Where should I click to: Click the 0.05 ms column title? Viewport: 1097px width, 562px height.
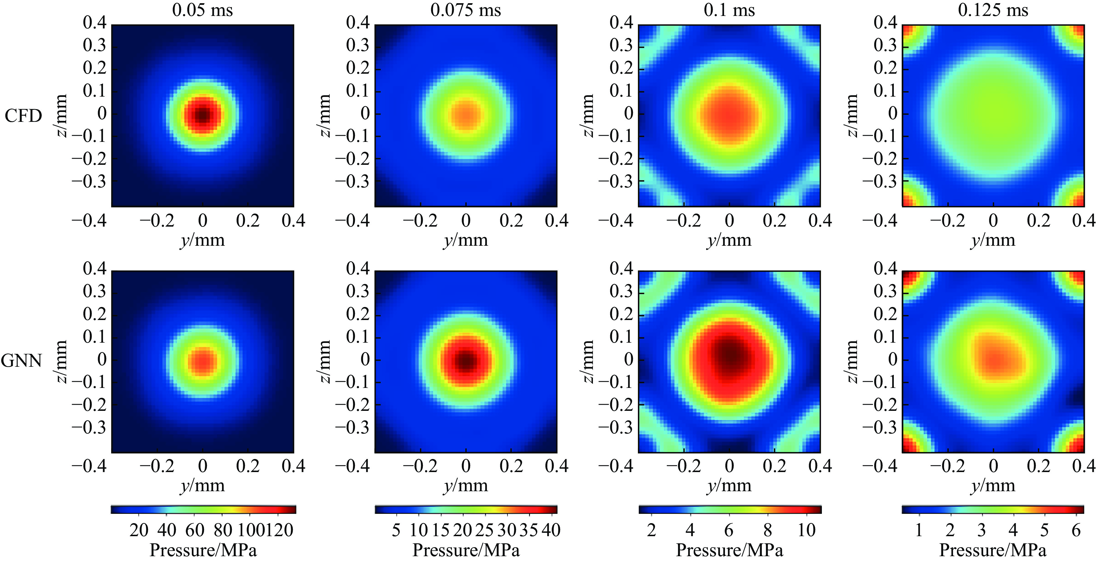click(x=202, y=10)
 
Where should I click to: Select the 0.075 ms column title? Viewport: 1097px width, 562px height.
click(x=465, y=10)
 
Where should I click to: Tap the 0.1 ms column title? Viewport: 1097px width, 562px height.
click(x=729, y=10)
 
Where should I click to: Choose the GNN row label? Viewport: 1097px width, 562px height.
click(x=21, y=361)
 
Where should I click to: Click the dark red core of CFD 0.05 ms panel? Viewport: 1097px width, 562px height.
click(x=203, y=115)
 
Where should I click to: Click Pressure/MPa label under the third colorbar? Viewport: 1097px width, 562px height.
click(x=729, y=550)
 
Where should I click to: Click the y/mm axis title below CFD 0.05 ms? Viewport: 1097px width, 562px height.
click(x=202, y=241)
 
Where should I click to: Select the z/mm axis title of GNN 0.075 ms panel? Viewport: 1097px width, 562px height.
click(x=324, y=361)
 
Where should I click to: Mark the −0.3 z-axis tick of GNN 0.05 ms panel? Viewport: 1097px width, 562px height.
click(x=89, y=427)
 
